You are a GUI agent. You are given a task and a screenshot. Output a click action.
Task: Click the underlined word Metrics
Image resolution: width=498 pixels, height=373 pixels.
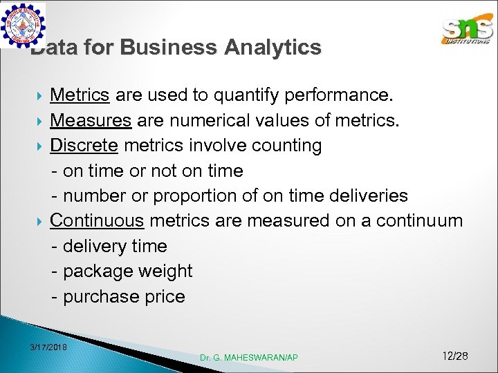(80, 95)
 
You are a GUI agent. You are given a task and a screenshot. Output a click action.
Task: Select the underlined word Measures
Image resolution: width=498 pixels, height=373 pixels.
(91, 120)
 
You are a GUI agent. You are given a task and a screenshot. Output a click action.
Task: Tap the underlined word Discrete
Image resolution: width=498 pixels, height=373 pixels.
(84, 146)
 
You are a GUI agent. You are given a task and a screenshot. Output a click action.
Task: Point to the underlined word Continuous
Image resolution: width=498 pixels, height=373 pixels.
(97, 221)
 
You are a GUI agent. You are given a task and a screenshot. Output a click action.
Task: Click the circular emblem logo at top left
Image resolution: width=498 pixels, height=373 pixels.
(23, 25)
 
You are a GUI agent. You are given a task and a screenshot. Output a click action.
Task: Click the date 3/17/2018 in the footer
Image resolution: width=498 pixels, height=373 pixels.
(48, 346)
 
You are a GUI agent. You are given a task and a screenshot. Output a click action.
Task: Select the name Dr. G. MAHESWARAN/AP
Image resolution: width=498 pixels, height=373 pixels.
(249, 357)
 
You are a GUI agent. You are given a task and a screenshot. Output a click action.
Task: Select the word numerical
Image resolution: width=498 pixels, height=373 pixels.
(207, 120)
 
